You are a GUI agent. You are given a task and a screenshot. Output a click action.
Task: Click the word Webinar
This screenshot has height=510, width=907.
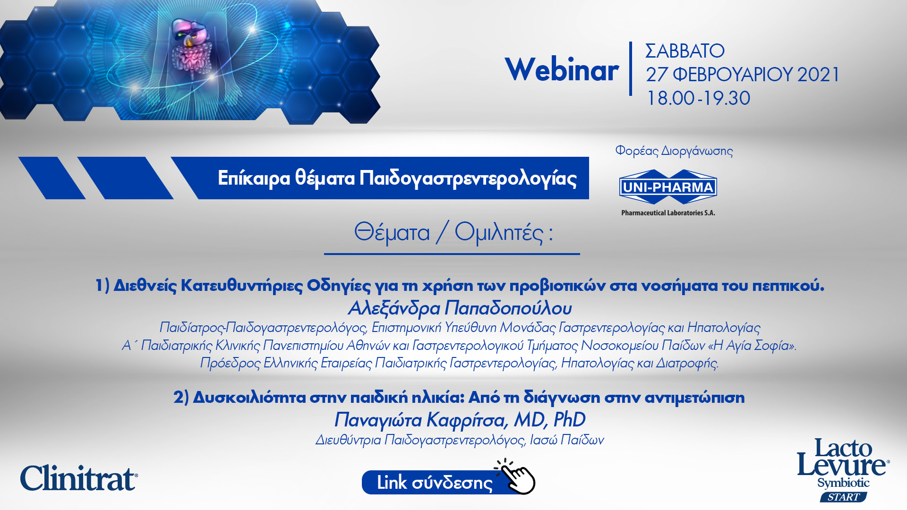[562, 69]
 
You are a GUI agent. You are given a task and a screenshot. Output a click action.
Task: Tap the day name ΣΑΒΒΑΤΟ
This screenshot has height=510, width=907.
[685, 51]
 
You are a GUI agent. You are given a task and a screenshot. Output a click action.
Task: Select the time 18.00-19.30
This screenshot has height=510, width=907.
[698, 98]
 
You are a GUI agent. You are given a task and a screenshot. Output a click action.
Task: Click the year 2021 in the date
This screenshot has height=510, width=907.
[818, 75]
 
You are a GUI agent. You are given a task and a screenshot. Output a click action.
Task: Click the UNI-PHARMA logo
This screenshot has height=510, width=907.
[668, 187]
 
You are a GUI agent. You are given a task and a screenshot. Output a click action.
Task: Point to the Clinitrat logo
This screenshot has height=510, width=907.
[79, 478]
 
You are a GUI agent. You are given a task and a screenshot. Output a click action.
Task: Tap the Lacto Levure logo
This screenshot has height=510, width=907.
[843, 470]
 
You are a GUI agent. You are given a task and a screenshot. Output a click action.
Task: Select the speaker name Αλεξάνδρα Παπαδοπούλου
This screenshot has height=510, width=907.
[460, 308]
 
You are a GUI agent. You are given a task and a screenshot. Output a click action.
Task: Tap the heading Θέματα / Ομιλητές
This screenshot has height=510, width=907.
[453, 232]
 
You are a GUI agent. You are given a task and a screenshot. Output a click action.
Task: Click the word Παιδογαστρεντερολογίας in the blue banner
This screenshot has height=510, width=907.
[468, 178]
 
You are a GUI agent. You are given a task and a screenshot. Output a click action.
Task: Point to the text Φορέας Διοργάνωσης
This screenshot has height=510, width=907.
[674, 151]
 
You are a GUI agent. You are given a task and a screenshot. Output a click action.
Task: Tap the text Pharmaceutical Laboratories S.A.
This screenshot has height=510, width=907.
[668, 213]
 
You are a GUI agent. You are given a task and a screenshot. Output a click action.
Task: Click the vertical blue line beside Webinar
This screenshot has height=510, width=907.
[631, 69]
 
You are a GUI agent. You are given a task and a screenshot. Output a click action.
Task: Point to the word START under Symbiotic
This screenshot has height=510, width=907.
[843, 497]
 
